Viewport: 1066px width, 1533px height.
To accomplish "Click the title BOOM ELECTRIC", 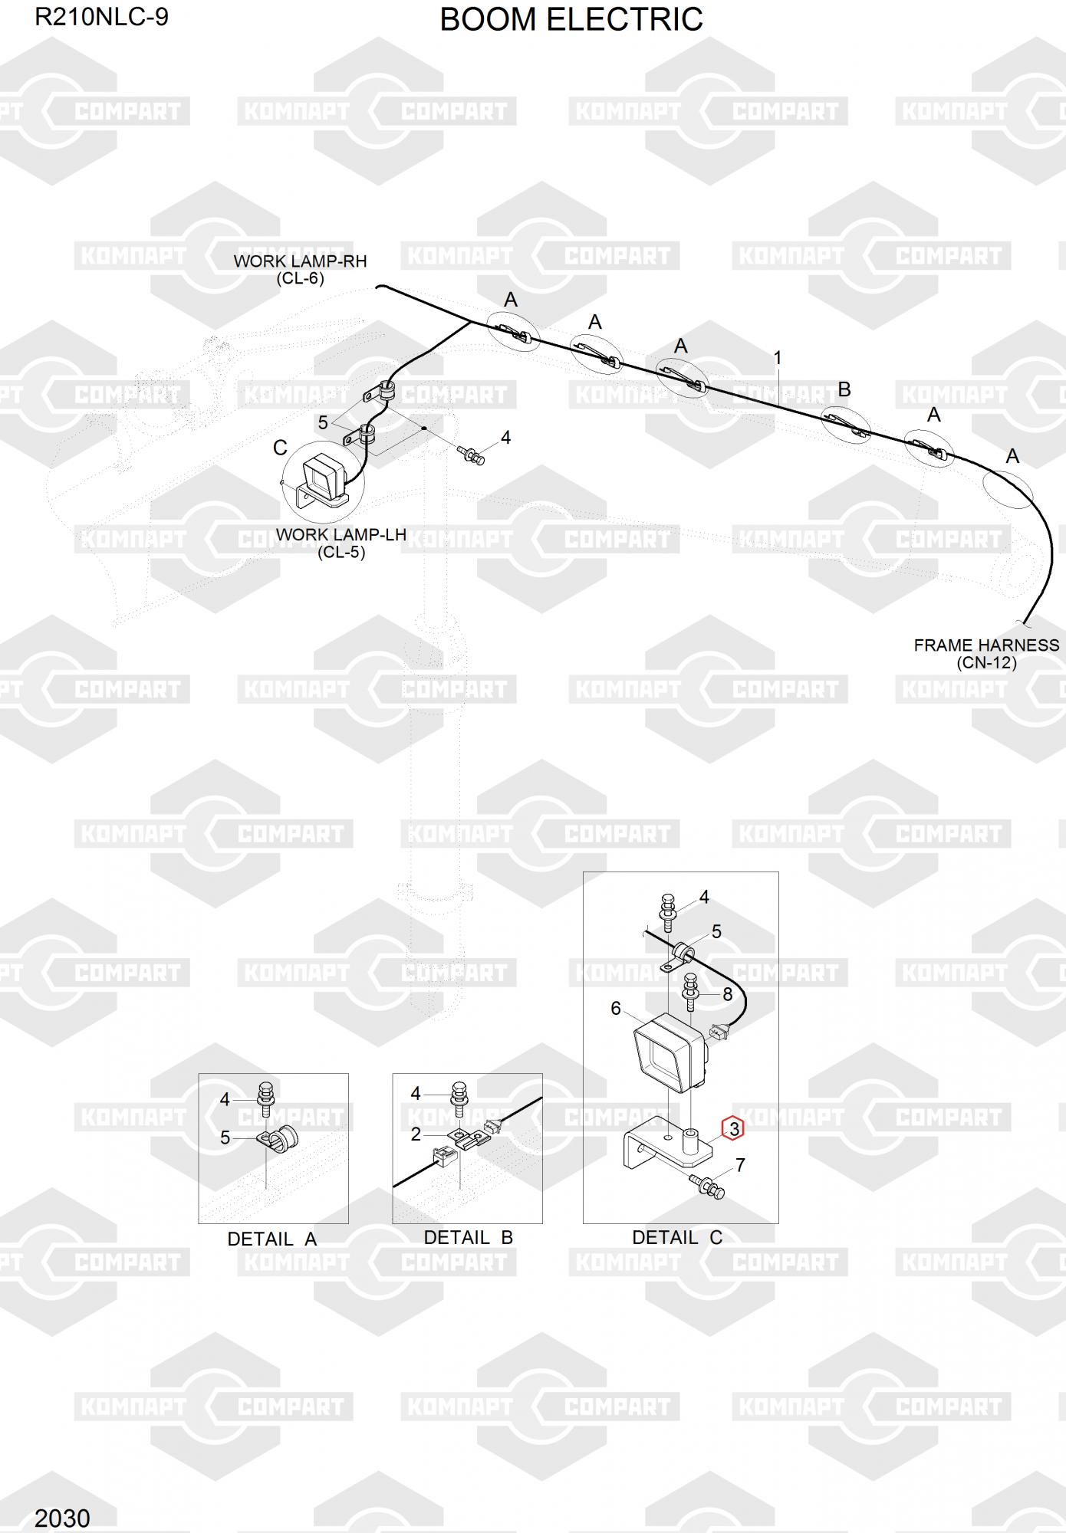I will point(571,20).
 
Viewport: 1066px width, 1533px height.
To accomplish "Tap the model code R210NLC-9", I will point(101,17).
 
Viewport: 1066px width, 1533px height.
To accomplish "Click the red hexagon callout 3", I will point(734,1128).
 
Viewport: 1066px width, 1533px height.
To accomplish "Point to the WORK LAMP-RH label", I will point(300,261).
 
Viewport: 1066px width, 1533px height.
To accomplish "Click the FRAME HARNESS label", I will point(986,645).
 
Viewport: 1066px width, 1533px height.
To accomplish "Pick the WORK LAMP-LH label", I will point(341,535).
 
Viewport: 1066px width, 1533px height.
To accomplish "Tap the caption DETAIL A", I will point(271,1239).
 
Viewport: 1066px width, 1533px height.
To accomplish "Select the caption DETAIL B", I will point(468,1237).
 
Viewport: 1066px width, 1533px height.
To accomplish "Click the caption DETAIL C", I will point(677,1237).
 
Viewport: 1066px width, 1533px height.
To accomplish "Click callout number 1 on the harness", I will point(778,358).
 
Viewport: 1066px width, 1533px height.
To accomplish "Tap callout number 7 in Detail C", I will point(740,1165).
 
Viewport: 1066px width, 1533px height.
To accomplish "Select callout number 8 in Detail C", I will point(727,994).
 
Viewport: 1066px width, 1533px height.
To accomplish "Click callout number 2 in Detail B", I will point(416,1134).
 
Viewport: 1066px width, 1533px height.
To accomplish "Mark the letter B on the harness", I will point(844,389).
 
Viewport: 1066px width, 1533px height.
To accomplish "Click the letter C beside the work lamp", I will point(280,448).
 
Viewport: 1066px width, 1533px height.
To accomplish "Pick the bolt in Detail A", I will point(267,1097).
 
